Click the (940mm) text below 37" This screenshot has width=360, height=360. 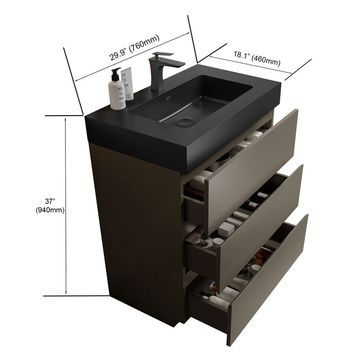click(x=50, y=210)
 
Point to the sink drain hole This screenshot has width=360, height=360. click(x=185, y=122)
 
